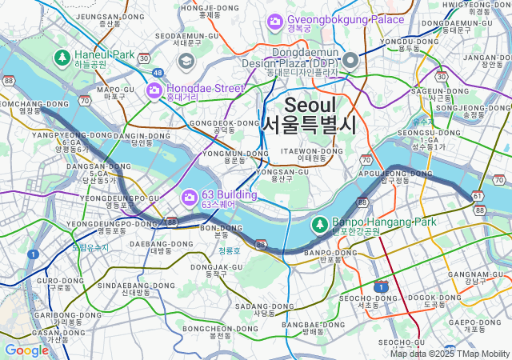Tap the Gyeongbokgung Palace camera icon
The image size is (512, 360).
pos(274,19)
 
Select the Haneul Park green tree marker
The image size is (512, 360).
pos(62,58)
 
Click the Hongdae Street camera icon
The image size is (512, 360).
pos(154,90)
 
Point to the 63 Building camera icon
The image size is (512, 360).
pos(190,197)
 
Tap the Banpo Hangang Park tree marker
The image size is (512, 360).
pos(319,223)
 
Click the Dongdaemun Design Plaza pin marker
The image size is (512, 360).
pos(350,61)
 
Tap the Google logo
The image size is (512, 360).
pos(26,350)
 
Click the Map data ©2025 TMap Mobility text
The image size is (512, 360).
pos(450,354)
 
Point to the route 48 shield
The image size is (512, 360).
pos(158,73)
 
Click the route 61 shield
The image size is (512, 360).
pos(477,196)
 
